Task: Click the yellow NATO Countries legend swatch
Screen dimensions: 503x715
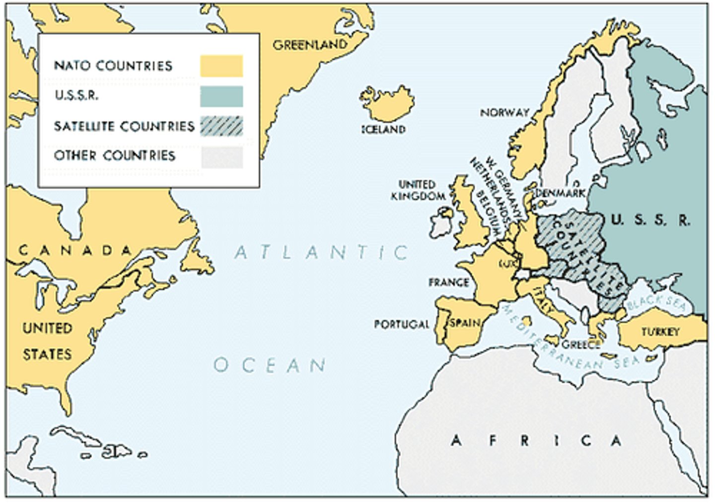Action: coord(221,66)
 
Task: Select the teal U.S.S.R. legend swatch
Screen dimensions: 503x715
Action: coord(221,96)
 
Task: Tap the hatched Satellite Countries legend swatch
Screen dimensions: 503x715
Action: coord(221,126)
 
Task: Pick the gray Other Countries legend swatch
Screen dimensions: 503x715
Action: coord(221,156)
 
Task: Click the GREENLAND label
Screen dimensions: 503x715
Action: coord(310,45)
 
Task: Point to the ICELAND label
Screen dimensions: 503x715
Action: coord(383,129)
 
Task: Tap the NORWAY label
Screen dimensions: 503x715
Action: coord(504,113)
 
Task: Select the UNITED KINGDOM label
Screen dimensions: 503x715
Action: coord(418,190)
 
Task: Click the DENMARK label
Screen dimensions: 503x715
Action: coord(561,193)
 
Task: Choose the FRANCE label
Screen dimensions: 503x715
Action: coord(448,283)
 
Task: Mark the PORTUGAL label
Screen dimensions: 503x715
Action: coord(401,324)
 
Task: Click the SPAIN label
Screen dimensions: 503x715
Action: coord(465,323)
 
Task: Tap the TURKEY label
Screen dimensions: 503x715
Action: coord(660,332)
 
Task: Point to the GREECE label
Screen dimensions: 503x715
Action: coord(581,344)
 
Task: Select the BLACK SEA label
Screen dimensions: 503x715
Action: coord(655,301)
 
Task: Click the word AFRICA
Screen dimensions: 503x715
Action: coord(536,440)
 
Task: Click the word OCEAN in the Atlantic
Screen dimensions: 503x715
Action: coord(270,365)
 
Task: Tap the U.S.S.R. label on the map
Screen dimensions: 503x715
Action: coord(650,220)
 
